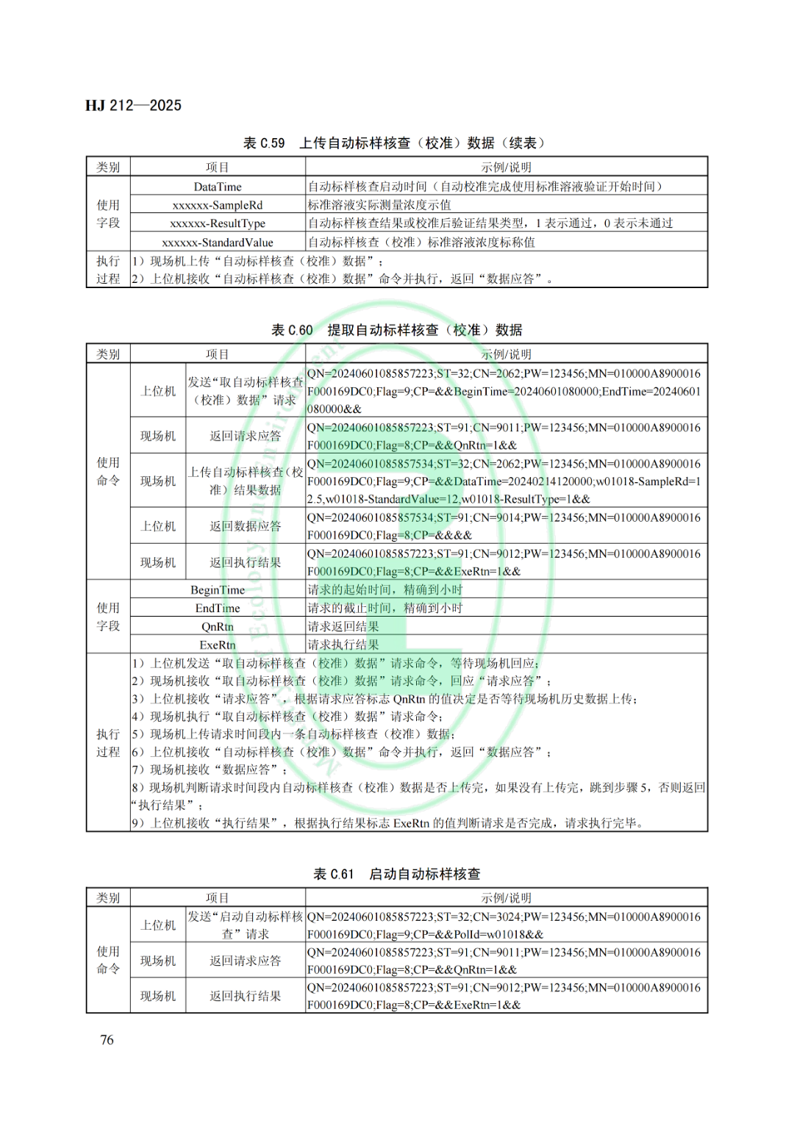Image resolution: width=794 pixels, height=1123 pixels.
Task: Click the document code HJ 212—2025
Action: pos(133,105)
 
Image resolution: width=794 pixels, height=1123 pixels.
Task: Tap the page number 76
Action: pos(107,1039)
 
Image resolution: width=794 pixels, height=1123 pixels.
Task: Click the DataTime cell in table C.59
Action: pos(218,187)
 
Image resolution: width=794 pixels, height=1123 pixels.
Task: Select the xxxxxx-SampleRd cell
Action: pos(218,205)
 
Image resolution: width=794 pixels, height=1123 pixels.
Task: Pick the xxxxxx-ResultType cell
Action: pos(218,223)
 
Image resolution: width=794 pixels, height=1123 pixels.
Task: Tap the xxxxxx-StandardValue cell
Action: pos(218,243)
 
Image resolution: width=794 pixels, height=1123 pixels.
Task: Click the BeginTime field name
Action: pos(218,590)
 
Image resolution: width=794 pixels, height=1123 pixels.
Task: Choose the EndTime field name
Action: pos(218,609)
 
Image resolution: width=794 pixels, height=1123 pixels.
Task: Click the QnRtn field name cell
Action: pos(218,627)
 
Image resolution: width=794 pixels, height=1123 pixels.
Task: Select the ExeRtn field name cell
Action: pos(218,645)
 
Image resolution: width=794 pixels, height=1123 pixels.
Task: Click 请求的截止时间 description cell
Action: pos(385,609)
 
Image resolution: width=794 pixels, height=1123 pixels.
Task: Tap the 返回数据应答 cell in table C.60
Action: pos(245,526)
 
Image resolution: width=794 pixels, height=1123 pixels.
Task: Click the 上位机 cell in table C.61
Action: pos(158,925)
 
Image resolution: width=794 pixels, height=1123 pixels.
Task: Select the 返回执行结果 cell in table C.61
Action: pos(245,996)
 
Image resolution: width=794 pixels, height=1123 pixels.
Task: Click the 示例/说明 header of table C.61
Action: pos(506,898)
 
